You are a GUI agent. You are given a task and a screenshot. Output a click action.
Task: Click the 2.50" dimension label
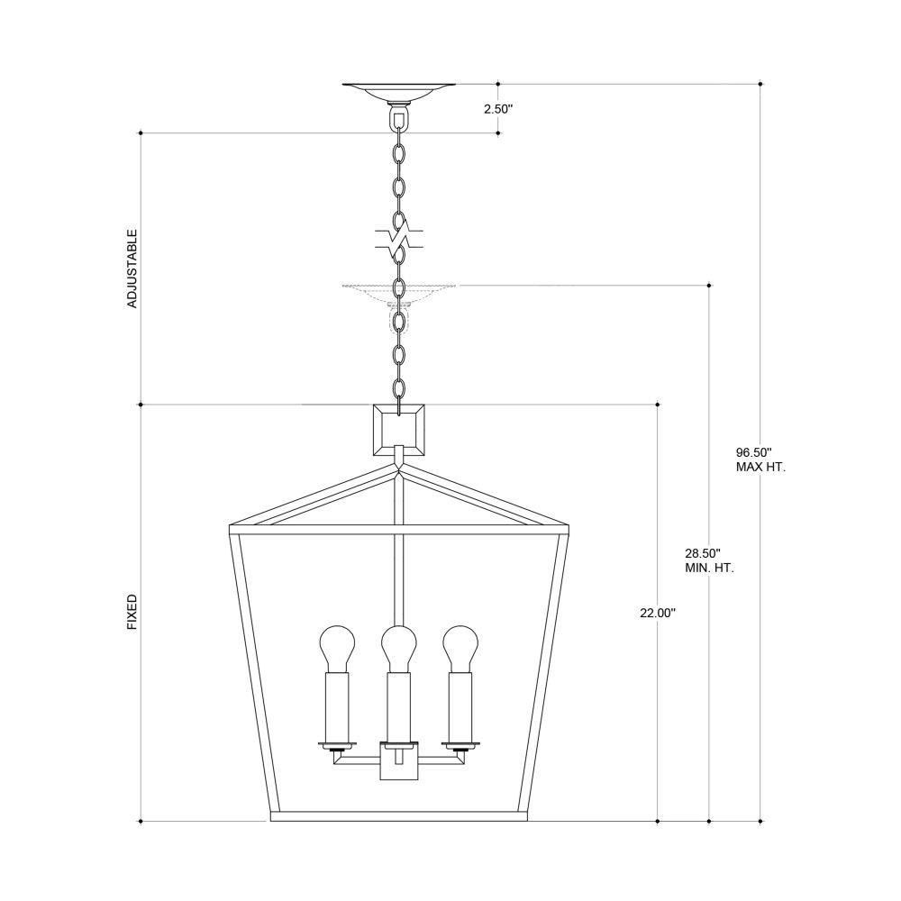[x=497, y=109]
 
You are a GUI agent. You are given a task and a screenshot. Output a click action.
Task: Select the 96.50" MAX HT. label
[x=760, y=460]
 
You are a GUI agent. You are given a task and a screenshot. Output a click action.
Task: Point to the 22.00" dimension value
[x=658, y=613]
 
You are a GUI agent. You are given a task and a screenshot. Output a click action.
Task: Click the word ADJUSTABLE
[x=132, y=268]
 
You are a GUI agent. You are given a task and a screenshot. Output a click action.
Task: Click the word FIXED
[x=132, y=612]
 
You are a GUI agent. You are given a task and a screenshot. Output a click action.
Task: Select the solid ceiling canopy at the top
[x=399, y=92]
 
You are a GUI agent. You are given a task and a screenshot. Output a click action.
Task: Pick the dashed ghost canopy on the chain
[x=399, y=294]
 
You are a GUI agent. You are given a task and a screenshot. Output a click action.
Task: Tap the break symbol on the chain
[x=399, y=239]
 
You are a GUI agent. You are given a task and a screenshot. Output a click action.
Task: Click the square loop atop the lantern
[x=399, y=430]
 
